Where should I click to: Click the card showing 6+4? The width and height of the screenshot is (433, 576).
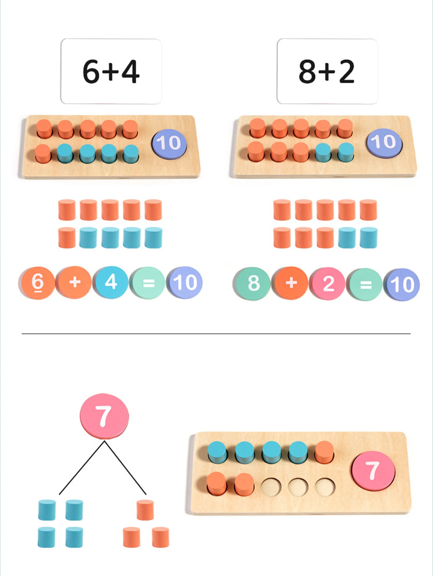coord(111,71)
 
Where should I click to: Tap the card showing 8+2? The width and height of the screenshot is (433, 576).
coord(327,71)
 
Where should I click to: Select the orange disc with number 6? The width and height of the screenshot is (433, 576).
coord(37,283)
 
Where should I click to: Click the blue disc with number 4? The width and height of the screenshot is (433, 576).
coord(111,282)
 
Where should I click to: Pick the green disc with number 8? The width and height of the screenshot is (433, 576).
coord(253,284)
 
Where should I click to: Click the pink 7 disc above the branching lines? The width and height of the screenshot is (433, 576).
coord(104,416)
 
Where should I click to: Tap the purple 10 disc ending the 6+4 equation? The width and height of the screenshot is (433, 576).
coord(185,283)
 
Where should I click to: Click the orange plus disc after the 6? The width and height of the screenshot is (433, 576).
coord(75,282)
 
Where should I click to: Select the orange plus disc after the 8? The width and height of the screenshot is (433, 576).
coord(291,283)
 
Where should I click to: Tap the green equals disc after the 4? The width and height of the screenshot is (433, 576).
coord(148,283)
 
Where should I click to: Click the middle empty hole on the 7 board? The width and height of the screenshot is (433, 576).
coord(298,487)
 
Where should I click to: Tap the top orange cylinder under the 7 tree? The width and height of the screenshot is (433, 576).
coord(145,510)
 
